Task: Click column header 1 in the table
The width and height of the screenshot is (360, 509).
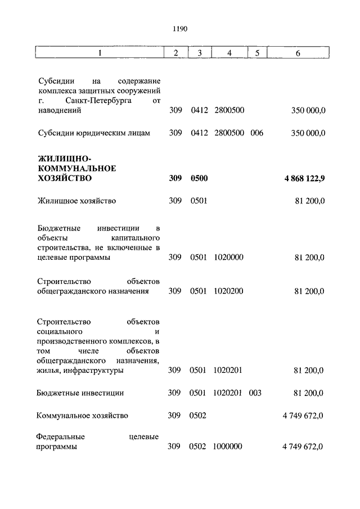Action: point(100,53)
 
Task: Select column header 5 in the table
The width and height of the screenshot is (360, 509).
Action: point(256,53)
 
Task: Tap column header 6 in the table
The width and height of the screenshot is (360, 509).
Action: point(298,53)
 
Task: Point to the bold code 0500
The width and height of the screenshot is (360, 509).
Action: point(199,179)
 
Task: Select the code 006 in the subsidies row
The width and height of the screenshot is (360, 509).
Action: point(257,133)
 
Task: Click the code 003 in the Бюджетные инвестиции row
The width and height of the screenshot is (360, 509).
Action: point(255,393)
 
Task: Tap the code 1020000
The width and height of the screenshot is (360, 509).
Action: point(229,258)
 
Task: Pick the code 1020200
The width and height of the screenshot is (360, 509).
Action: point(229,291)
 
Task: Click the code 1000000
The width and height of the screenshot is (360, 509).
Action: point(228,447)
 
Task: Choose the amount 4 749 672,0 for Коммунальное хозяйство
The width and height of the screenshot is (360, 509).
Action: point(304,416)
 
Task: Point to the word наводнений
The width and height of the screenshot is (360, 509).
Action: point(59,111)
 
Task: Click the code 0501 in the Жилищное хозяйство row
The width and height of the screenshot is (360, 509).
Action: point(199,201)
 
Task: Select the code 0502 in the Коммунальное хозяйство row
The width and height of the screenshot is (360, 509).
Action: point(199,416)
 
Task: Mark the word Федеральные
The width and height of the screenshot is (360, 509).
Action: point(60,436)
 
